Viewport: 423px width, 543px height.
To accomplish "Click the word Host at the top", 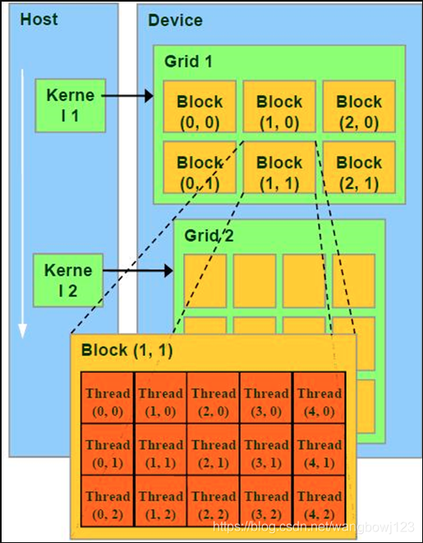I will [39, 18].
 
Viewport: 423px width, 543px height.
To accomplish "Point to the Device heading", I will [175, 20].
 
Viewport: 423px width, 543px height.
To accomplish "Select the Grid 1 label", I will [188, 61].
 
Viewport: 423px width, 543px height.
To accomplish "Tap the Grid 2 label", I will [207, 236].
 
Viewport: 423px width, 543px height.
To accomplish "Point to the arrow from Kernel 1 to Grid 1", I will [127, 97].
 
